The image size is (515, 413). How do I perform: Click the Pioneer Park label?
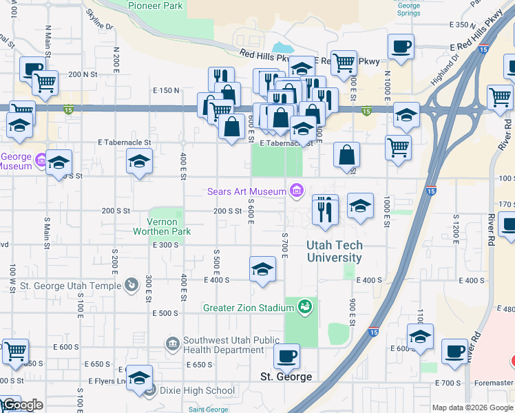(x=156, y=5)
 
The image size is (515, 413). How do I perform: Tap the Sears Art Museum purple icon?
(x=297, y=191)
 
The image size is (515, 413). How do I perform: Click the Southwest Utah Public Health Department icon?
(x=172, y=343)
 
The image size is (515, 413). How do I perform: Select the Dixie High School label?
(x=198, y=390)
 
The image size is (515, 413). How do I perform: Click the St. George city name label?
(x=286, y=377)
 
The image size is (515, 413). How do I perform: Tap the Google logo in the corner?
(x=22, y=405)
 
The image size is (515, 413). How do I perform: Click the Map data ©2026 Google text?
(x=472, y=407)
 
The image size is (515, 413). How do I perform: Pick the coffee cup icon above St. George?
(x=286, y=356)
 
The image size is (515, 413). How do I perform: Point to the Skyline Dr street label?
(x=99, y=19)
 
